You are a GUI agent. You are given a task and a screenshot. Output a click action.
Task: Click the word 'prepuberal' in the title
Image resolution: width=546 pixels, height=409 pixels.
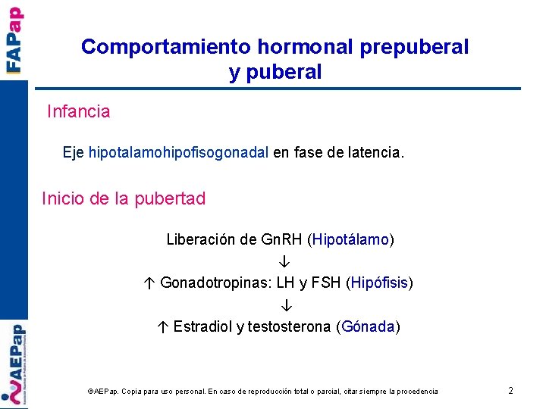(x=414, y=47)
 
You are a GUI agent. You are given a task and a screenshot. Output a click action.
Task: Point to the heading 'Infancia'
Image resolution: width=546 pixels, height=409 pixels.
(x=78, y=112)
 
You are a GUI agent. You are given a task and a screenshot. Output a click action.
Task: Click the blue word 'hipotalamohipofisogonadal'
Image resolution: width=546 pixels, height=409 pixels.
(x=178, y=153)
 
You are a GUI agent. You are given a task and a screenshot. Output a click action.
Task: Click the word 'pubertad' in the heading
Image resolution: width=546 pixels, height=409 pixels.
(x=170, y=199)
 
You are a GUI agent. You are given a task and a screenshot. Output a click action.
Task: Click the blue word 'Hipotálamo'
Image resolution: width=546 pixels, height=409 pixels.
(x=350, y=240)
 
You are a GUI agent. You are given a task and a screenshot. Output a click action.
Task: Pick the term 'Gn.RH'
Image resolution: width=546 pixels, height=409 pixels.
(x=281, y=240)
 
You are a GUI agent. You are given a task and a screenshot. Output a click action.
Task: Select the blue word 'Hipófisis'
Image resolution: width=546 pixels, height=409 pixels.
(x=379, y=283)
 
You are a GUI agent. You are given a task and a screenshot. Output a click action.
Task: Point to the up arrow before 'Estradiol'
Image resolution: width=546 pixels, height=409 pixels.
(x=164, y=327)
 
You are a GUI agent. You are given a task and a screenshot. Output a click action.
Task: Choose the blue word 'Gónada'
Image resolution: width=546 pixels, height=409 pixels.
(x=369, y=327)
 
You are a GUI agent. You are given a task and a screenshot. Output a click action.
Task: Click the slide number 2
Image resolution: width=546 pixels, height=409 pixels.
(x=510, y=391)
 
